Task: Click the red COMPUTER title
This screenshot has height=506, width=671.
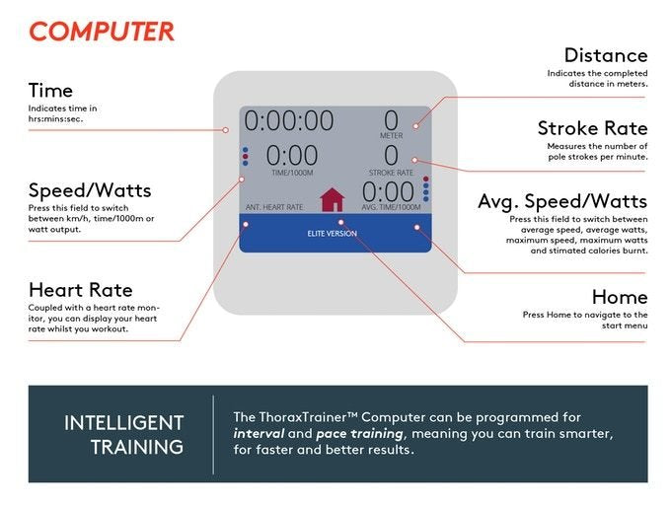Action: point(102,32)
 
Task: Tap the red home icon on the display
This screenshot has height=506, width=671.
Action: point(333,199)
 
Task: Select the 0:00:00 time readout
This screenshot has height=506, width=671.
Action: point(289,120)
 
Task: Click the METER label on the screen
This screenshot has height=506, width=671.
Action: point(391,135)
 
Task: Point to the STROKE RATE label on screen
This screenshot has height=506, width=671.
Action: point(391,173)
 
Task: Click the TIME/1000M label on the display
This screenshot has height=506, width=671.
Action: point(292,173)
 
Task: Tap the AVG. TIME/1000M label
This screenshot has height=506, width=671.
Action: point(391,207)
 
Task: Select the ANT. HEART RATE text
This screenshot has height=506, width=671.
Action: point(274,207)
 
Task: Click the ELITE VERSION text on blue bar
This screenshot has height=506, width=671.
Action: point(333,234)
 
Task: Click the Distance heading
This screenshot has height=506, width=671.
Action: point(606,55)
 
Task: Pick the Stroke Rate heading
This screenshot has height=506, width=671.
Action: point(593,128)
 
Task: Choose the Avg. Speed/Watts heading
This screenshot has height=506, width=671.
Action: point(562,201)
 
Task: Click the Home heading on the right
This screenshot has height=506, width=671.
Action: point(620,297)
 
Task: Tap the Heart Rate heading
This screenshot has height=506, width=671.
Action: point(81,290)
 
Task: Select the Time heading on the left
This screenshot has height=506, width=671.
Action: point(50,91)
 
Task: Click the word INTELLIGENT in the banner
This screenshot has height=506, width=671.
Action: point(124,423)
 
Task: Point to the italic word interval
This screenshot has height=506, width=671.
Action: point(259,434)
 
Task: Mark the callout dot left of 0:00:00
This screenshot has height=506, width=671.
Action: point(226,130)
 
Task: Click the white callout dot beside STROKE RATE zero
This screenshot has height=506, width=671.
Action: point(414,160)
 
